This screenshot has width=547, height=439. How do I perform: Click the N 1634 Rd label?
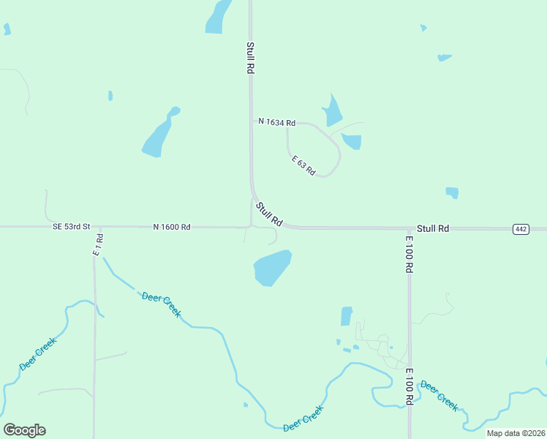(x=276, y=122)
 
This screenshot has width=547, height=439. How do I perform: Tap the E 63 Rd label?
(x=303, y=165)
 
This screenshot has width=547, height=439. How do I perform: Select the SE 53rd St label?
(x=71, y=227)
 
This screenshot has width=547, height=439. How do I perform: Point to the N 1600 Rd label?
(x=172, y=227)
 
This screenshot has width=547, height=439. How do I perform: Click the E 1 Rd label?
(x=98, y=244)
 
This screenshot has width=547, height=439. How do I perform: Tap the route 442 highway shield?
(x=521, y=229)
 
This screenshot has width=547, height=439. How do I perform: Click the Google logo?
(x=24, y=430)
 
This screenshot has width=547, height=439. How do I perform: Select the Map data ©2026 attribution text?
(x=516, y=433)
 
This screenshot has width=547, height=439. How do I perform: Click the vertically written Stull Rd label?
(x=250, y=58)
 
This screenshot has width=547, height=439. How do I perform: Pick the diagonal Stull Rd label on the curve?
(x=269, y=214)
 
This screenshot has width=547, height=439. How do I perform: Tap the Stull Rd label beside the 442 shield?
(x=433, y=228)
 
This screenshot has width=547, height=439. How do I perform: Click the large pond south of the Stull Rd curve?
(x=272, y=268)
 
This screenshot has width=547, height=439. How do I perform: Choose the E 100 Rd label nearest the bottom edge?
(x=410, y=387)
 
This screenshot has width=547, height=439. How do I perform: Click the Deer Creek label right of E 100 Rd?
(x=440, y=396)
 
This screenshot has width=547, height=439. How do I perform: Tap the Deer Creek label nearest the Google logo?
(x=37, y=353)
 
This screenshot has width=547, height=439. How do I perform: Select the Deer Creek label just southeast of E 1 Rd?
(x=161, y=304)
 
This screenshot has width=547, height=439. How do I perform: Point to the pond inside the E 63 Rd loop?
(x=352, y=140)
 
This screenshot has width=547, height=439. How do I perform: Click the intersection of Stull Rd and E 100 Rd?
(x=409, y=228)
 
